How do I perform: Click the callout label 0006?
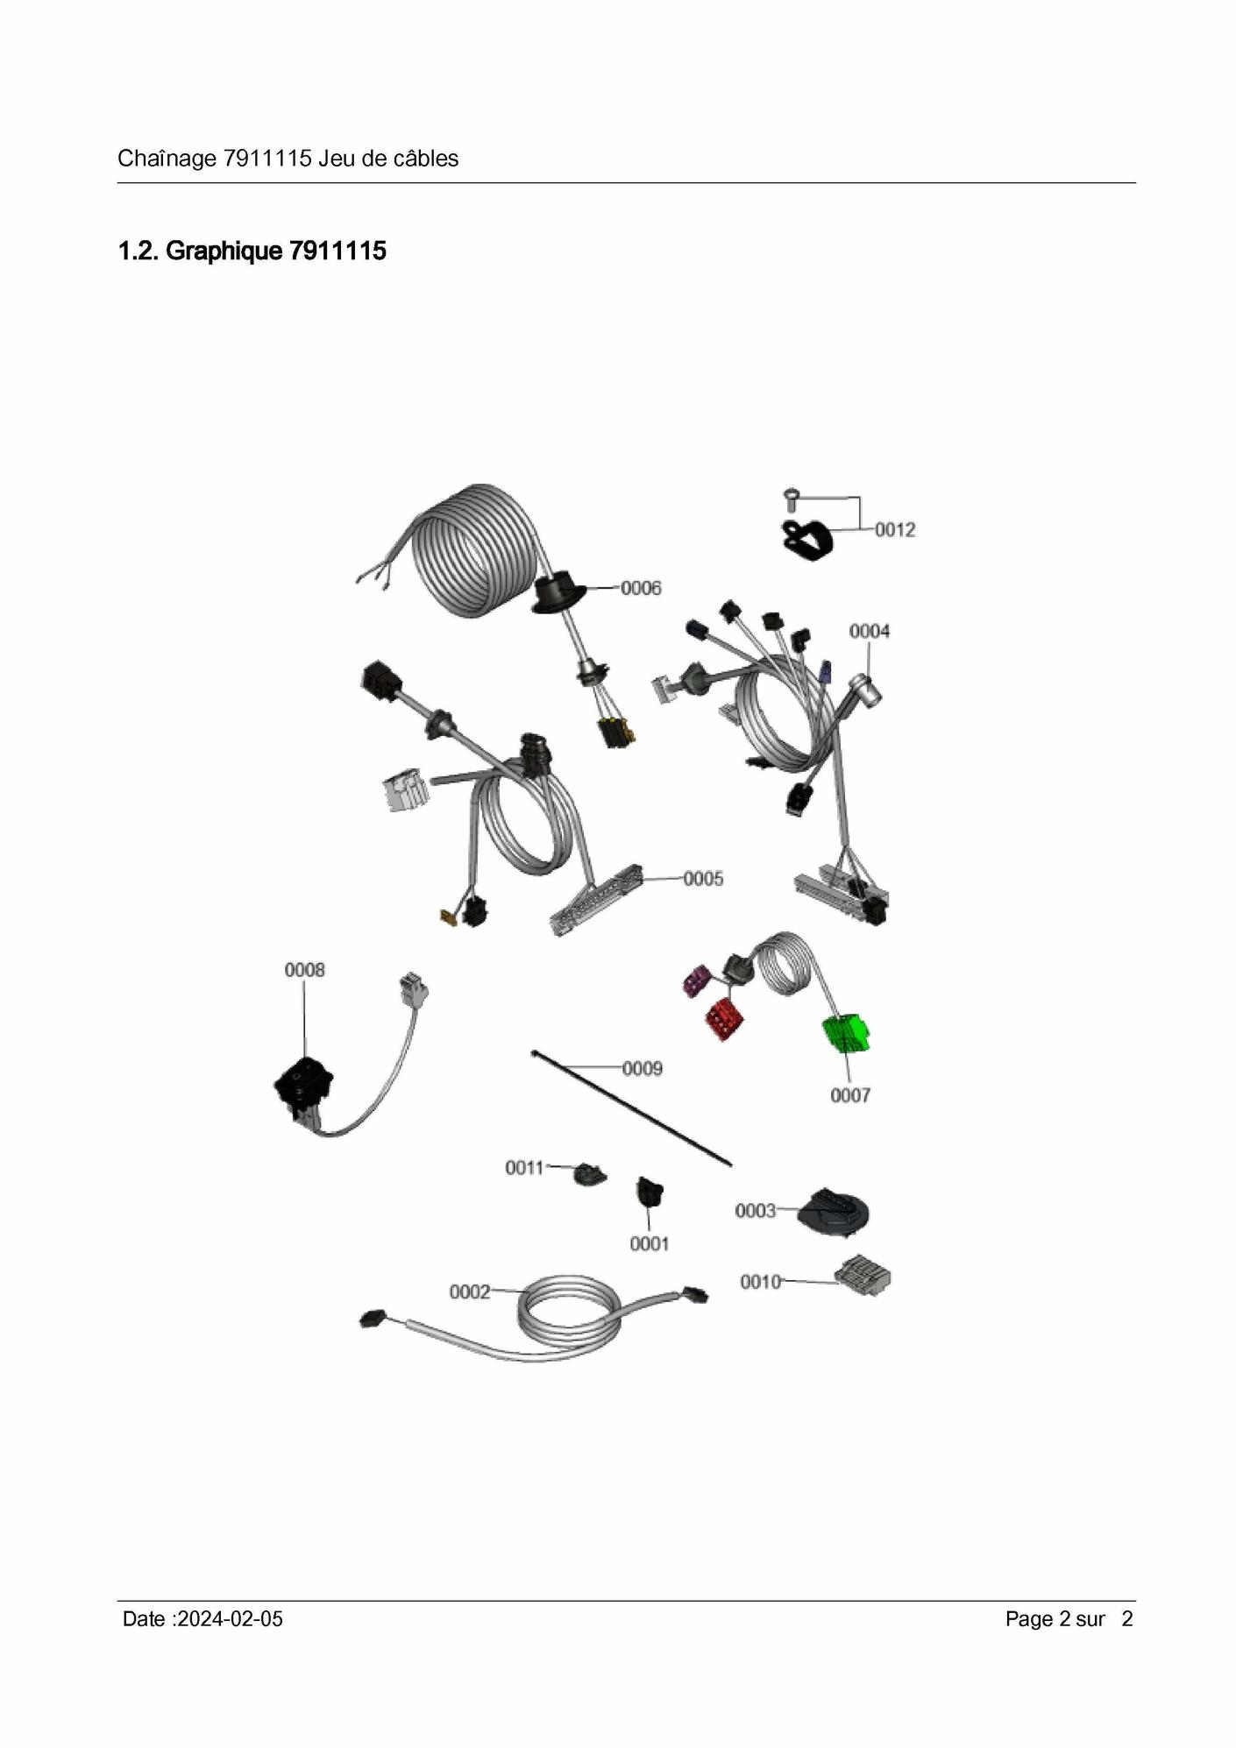coord(641,588)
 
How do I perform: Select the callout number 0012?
coord(895,529)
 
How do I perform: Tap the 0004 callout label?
coord(870,631)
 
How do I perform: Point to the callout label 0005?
coord(703,878)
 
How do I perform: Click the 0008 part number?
coord(304,970)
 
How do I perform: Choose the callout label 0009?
coord(643,1068)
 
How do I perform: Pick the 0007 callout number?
coord(850,1095)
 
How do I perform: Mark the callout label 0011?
coord(525,1167)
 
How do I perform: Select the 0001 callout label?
coord(650,1243)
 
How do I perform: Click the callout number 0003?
coord(756,1211)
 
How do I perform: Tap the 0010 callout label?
coord(761,1282)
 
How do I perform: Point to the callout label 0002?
coord(470,1292)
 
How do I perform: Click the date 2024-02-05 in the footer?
coord(230,1618)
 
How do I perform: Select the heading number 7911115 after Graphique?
coord(337,251)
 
